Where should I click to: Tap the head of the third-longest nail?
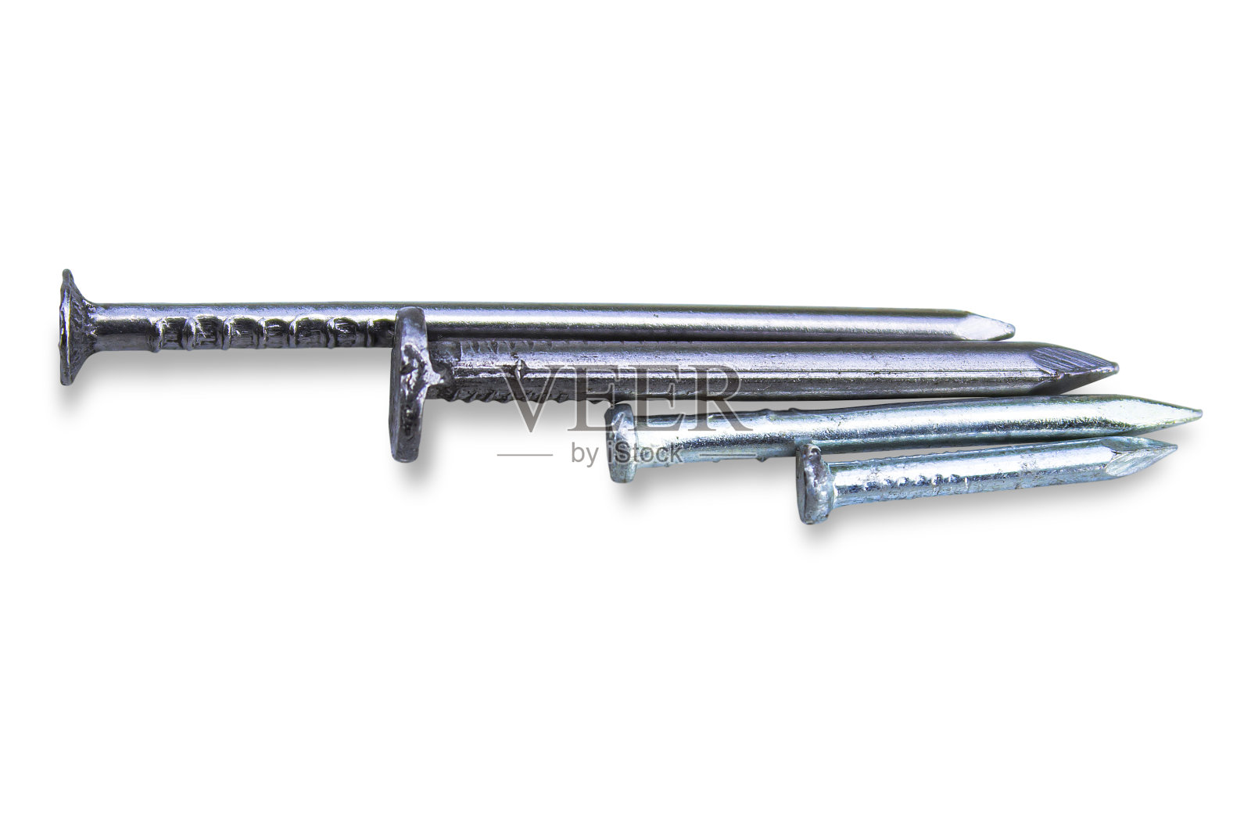[621, 444]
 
